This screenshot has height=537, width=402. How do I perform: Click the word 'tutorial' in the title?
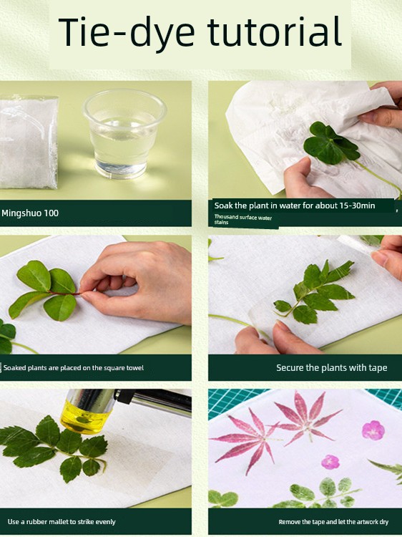coord(275,32)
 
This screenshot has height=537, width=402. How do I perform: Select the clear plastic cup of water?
coord(125,134)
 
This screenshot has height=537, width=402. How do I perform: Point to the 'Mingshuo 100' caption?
coord(30,213)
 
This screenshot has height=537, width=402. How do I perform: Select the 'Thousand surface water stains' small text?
coord(243,220)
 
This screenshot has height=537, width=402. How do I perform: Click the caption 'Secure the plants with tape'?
coord(331,368)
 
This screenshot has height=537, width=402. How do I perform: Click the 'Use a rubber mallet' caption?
coord(62,522)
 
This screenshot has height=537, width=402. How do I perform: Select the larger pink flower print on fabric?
coord(373,430)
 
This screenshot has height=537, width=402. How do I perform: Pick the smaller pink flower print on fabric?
coord(330,462)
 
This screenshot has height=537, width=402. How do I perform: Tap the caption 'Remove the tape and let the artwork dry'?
coord(333,522)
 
